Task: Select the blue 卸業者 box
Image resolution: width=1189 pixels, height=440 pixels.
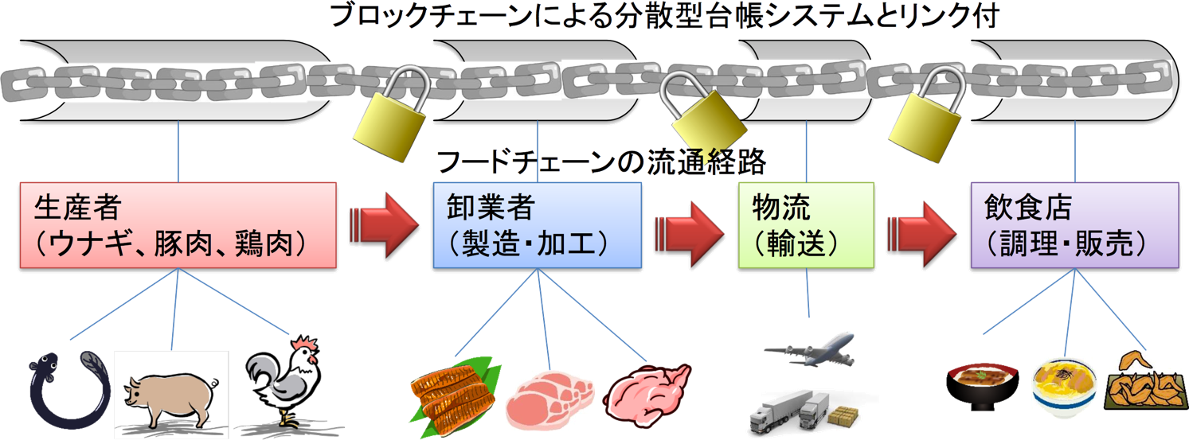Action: pyautogui.click(x=537, y=224)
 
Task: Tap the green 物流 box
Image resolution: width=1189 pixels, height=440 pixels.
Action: pyautogui.click(x=805, y=224)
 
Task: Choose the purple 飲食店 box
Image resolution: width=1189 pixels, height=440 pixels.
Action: pyautogui.click(x=1074, y=224)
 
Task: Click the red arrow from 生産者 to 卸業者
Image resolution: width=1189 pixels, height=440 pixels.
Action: pyautogui.click(x=384, y=224)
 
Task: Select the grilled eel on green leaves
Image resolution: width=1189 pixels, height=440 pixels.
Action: pyautogui.click(x=454, y=390)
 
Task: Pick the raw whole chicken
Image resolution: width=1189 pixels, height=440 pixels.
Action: pyautogui.click(x=648, y=390)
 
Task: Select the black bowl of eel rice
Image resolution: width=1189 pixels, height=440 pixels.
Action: pyautogui.click(x=984, y=385)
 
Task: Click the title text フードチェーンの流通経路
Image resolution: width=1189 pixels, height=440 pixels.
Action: pyautogui.click(x=601, y=162)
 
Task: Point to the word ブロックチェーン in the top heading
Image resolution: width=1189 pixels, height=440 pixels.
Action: pyautogui.click(x=413, y=17)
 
